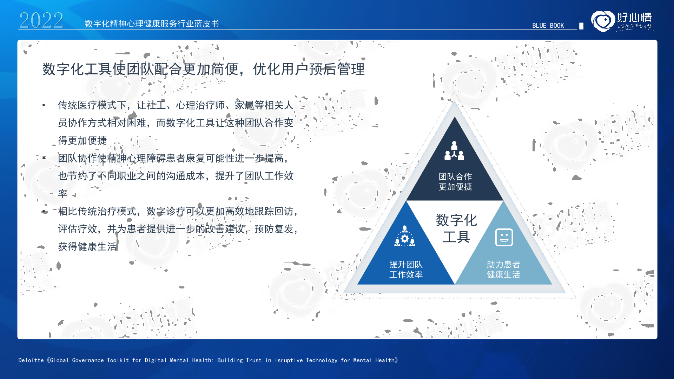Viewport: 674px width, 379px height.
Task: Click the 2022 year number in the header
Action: (41, 20)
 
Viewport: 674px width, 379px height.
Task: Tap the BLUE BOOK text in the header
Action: (548, 26)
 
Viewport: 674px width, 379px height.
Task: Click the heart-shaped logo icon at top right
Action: (603, 21)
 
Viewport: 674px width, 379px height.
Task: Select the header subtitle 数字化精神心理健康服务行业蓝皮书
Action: (152, 24)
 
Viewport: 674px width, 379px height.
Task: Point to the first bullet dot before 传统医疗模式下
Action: (44, 105)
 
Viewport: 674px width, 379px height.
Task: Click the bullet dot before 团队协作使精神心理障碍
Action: (44, 158)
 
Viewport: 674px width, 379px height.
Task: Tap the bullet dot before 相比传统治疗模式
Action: (44, 211)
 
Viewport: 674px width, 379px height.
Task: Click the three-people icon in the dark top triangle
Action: (454, 151)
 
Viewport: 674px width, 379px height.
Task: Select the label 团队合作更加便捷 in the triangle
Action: (455, 182)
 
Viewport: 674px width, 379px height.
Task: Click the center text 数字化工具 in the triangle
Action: (456, 228)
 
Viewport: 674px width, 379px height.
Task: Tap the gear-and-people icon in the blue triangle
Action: (405, 236)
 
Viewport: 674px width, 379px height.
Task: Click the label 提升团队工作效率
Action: (406, 270)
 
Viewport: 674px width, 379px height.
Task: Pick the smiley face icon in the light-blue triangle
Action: (504, 237)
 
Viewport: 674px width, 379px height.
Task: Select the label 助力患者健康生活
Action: (503, 270)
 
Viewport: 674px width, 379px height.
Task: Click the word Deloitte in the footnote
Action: (31, 360)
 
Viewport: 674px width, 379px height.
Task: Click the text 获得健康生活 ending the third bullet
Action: (87, 247)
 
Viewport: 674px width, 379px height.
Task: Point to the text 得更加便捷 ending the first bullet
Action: (82, 140)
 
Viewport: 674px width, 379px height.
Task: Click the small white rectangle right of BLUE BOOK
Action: (581, 26)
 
